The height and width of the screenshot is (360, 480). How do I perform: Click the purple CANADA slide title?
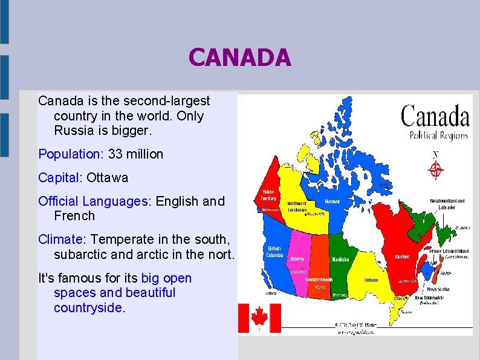[240, 59]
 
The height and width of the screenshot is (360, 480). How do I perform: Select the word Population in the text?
[70, 154]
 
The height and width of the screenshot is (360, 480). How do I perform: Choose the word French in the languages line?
[74, 215]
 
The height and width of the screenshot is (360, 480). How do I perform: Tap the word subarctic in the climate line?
[75, 254]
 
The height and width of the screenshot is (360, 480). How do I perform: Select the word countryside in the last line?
[88, 307]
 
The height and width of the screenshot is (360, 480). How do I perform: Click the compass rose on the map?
[435, 171]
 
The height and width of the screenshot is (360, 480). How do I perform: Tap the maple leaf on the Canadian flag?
[259, 317]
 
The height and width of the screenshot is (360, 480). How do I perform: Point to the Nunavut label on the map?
[332, 201]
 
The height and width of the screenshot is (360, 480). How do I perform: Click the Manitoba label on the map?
[340, 260]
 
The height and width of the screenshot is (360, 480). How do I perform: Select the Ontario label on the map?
[371, 280]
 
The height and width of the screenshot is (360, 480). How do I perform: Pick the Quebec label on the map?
[402, 257]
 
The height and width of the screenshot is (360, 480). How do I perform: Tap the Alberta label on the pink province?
[297, 258]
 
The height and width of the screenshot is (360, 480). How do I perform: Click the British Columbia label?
[274, 251]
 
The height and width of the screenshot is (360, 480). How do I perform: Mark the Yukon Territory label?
[268, 194]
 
